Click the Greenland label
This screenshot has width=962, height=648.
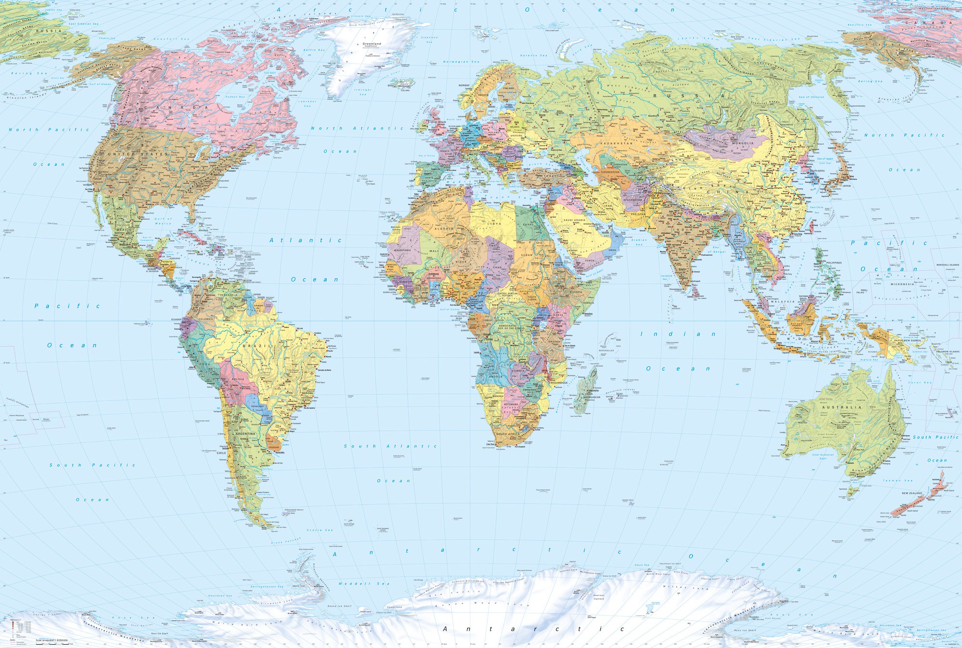(x=372, y=44)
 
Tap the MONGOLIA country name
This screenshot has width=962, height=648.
(x=743, y=143)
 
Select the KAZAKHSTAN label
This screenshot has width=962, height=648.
(x=616, y=143)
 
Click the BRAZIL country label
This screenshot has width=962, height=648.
(x=253, y=346)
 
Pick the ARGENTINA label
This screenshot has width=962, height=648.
(x=245, y=434)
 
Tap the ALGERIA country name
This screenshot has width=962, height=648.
(x=444, y=229)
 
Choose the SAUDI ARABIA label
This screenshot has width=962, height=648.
(x=574, y=220)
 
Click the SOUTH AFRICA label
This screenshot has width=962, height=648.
(x=508, y=434)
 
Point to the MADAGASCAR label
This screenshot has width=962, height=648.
(x=592, y=397)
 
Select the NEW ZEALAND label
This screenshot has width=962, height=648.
(x=912, y=493)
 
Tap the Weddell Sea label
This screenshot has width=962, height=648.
(x=364, y=584)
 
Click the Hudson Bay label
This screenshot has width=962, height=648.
(x=235, y=97)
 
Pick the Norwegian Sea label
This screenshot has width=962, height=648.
(x=461, y=62)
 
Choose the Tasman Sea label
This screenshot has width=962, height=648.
(x=898, y=480)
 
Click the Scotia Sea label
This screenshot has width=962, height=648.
(x=319, y=530)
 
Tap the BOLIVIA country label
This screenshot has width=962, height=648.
(x=238, y=379)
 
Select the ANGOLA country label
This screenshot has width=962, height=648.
(x=495, y=376)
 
